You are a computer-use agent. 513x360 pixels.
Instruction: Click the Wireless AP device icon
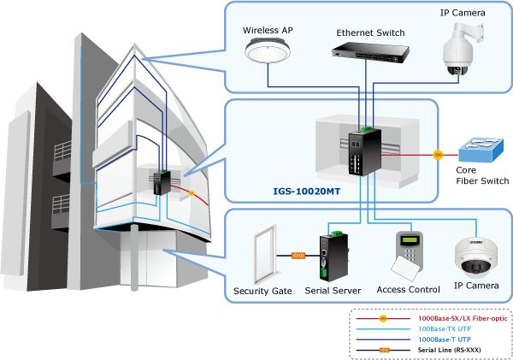pyautogui.click(x=267, y=52)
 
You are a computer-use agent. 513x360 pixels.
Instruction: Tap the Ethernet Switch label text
pyautogui.click(x=370, y=32)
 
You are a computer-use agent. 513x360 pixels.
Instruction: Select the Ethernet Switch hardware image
pyautogui.click(x=369, y=53)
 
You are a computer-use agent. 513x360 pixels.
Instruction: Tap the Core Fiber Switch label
pyautogui.click(x=481, y=175)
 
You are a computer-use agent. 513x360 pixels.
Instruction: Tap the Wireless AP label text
pyautogui.click(x=268, y=30)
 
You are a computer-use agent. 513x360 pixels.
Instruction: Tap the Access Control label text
pyautogui.click(x=408, y=291)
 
